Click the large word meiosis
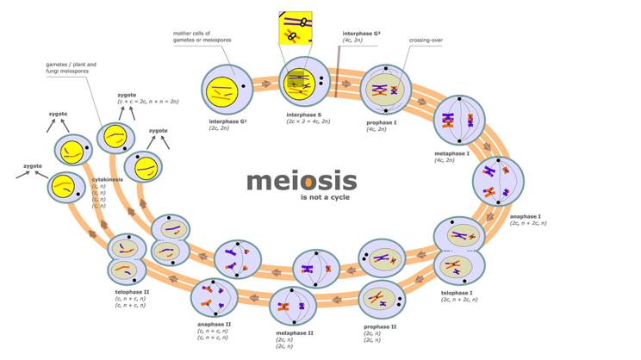[x=301, y=181]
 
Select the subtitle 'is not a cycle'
[x=325, y=198]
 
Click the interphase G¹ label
[x=227, y=121]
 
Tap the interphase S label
[x=308, y=115]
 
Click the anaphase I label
[x=526, y=216]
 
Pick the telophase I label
[x=457, y=293]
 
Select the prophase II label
[x=380, y=326]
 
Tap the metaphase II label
[x=295, y=332]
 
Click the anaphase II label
[x=214, y=324]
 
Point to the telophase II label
[x=132, y=292]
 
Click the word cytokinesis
[x=108, y=179]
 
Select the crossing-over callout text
[x=426, y=40]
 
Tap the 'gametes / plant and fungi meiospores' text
[x=72, y=67]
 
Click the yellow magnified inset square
[x=296, y=28]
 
